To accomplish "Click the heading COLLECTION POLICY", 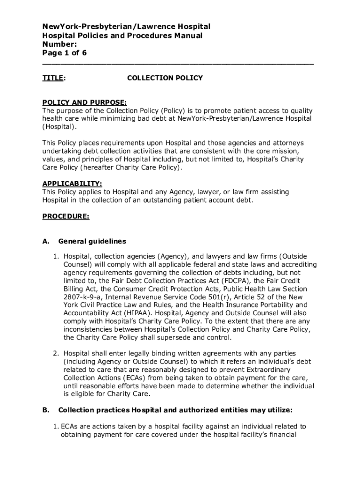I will click(165, 78).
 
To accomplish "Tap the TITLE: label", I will click(54, 78).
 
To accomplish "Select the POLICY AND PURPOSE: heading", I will click(84, 102).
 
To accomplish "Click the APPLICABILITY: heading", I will click(72, 183).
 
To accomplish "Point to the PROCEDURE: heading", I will click(66, 216).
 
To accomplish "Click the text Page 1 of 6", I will click(65, 53).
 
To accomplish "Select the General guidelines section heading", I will click(92, 241).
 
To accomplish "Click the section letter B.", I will click(46, 410).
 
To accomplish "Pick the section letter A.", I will click(46, 241).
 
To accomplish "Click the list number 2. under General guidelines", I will click(56, 353).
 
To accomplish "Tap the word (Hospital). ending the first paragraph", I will click(59, 127).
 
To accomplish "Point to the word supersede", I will click(178, 337).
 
